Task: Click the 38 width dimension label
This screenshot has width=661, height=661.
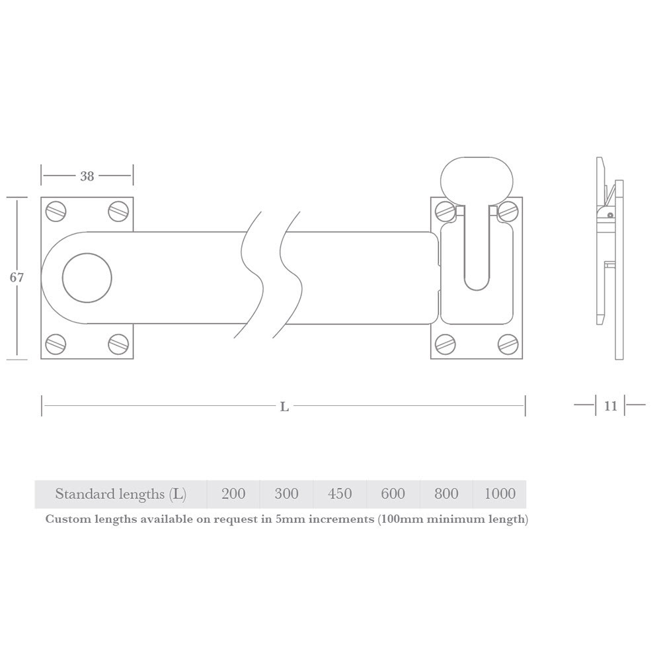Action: (87, 176)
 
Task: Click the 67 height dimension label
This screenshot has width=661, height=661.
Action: (17, 278)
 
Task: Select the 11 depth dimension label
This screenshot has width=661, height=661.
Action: (610, 406)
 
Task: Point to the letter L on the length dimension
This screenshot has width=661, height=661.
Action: (284, 407)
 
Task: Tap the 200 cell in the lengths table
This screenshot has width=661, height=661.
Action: (233, 494)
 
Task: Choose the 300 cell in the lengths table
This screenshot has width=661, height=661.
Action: (286, 494)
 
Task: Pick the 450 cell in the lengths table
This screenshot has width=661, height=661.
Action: (340, 494)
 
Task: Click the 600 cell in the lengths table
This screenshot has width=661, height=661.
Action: (393, 494)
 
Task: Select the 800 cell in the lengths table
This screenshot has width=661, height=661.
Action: (446, 494)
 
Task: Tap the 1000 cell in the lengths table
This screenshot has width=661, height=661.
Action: (500, 494)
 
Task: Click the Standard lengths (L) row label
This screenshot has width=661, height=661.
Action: (120, 494)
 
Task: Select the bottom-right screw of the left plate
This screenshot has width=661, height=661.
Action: (118, 344)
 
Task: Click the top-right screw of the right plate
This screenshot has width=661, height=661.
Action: (508, 212)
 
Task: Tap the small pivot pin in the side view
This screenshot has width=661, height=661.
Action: (610, 215)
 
